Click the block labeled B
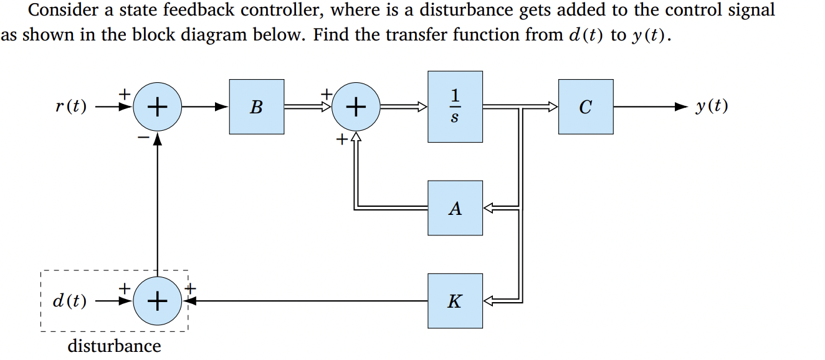pyautogui.click(x=256, y=107)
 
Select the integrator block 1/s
pyautogui.click(x=455, y=107)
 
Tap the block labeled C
pyautogui.click(x=585, y=107)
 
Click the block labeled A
pyautogui.click(x=455, y=208)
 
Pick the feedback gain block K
pyautogui.click(x=455, y=301)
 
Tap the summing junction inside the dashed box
pyautogui.click(x=157, y=301)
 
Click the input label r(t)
pyautogui.click(x=70, y=107)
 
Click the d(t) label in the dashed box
pyautogui.click(x=69, y=301)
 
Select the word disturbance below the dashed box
pyautogui.click(x=114, y=346)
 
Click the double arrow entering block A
pyautogui.click(x=489, y=208)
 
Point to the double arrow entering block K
pyautogui.click(x=489, y=301)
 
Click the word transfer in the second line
pyautogui.click(x=410, y=34)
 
